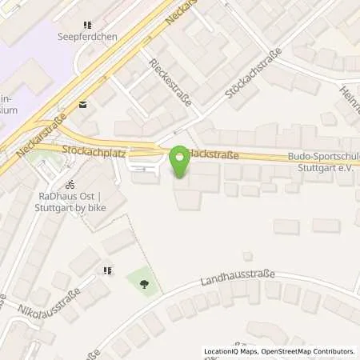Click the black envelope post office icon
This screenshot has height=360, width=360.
[82, 104]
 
